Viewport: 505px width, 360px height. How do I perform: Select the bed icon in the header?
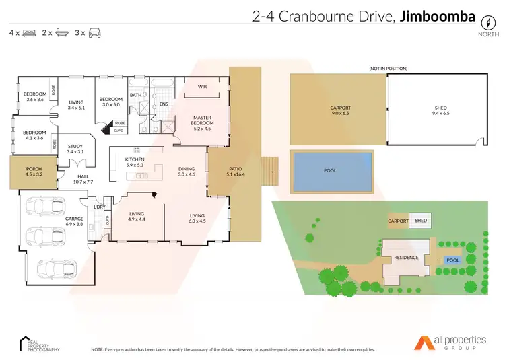click(29, 32)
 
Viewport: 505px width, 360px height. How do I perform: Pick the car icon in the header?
click(94, 32)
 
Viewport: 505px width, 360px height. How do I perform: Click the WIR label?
click(201, 87)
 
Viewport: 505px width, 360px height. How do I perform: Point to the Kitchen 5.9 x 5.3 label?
click(135, 161)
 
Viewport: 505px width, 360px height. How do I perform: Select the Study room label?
click(75, 149)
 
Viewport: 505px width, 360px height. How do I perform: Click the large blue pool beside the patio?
click(331, 171)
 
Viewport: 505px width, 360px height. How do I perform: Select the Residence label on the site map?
click(406, 258)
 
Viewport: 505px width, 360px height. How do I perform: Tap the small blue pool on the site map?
click(452, 260)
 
